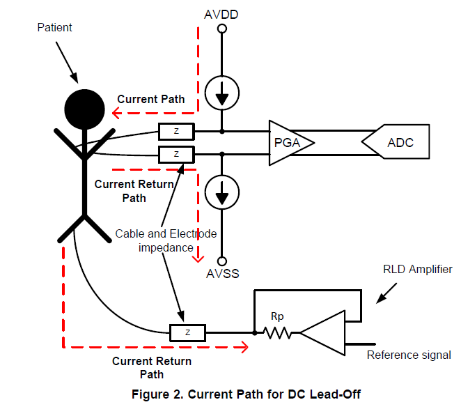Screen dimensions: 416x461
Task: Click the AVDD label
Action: (x=222, y=13)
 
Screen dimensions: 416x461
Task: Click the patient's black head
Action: (x=84, y=109)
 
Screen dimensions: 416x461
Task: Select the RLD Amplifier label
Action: (x=417, y=269)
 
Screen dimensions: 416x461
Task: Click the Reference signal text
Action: (x=409, y=355)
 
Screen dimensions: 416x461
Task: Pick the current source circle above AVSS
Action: (x=222, y=190)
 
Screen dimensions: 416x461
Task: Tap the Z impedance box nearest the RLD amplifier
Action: (x=187, y=332)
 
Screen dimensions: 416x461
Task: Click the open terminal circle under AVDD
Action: (x=222, y=29)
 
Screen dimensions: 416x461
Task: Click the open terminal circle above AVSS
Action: (x=222, y=256)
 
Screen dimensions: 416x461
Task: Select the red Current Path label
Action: (x=150, y=99)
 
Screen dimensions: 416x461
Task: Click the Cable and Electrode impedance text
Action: (x=166, y=240)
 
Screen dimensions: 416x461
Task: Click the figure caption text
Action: (x=247, y=394)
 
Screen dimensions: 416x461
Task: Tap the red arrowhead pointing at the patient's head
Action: (x=110, y=109)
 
